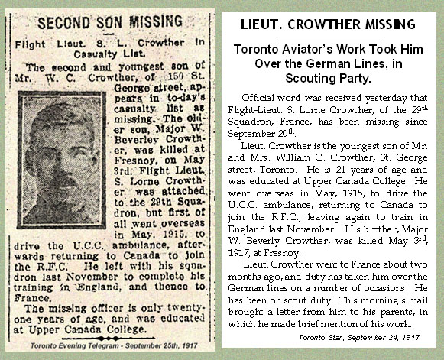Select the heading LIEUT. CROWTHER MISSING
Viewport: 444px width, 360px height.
tap(328, 24)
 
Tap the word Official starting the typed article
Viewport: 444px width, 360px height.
tap(260, 99)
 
